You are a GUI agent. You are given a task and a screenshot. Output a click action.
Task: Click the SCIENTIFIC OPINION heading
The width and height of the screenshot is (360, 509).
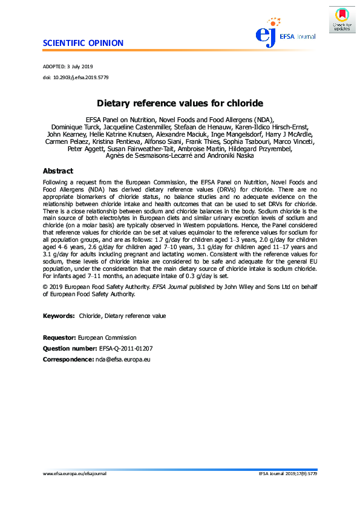[x=83, y=43]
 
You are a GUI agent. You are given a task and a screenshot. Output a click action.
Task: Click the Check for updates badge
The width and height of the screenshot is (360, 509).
[x=341, y=19]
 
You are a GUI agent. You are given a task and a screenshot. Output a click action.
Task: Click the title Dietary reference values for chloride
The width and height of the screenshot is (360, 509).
[x=180, y=103]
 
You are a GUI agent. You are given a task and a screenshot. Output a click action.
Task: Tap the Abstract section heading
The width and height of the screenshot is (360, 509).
[x=58, y=171]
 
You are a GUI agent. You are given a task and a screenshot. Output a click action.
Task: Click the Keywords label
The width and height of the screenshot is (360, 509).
[x=59, y=316]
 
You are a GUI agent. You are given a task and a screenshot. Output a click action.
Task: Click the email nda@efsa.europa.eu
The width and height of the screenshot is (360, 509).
[x=123, y=360]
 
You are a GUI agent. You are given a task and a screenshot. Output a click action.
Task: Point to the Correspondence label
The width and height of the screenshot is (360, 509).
[x=68, y=360]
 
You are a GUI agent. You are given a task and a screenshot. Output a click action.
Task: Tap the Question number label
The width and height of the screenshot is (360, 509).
[x=69, y=349]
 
